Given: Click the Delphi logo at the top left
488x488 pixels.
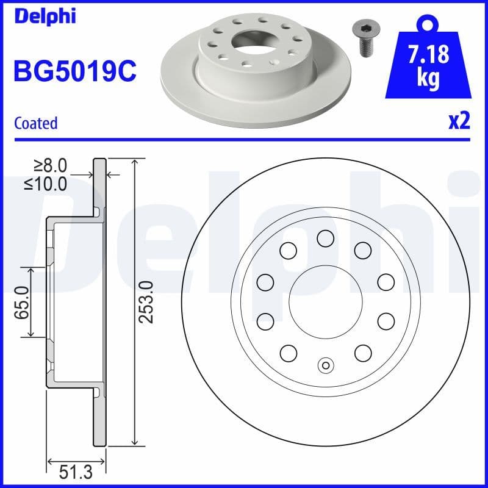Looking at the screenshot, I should [44, 16].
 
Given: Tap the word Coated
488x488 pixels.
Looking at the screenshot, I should [35, 123].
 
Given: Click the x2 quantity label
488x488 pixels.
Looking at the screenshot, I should [459, 122].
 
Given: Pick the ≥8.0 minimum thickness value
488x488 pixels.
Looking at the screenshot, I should [50, 165].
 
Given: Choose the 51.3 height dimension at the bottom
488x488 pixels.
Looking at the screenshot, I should [77, 471].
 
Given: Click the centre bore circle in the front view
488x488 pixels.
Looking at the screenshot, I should [326, 301].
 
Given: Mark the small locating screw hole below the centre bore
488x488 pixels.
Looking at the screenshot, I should [326, 365].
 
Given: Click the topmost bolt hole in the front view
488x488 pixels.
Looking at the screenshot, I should [326, 238].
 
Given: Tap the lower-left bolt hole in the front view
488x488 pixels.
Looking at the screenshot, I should [289, 353].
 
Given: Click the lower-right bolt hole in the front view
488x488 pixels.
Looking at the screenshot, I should [363, 353].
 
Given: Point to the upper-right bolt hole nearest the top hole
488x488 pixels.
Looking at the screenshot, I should [363, 249].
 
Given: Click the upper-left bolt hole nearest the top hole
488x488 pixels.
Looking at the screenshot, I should [289, 249].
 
